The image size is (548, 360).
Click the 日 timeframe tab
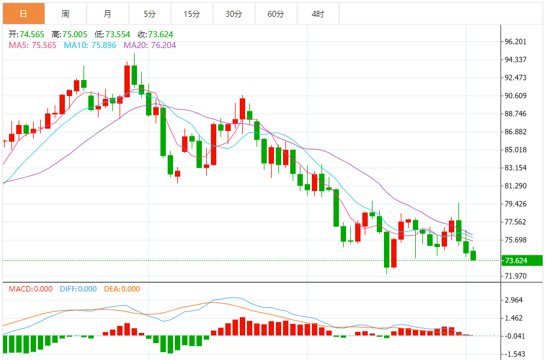tap(23, 13)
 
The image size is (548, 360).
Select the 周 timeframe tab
tap(65, 13)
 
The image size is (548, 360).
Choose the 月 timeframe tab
tap(107, 13)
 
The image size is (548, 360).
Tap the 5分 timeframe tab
tap(150, 13)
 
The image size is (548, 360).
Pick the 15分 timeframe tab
tap(192, 13)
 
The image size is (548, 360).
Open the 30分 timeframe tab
tap(234, 13)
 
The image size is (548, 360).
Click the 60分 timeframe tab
tap(276, 13)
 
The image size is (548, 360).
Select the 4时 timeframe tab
tap(318, 13)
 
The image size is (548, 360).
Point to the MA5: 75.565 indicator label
tap(33, 44)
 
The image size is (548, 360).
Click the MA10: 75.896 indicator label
tap(90, 44)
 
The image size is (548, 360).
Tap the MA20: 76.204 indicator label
tap(150, 44)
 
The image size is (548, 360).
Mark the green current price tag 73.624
tap(522, 260)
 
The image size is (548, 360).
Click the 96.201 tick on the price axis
tap(516, 41)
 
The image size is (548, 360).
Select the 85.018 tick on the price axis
tap(516, 150)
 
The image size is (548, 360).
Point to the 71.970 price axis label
tap(516, 276)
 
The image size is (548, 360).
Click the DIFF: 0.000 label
tap(78, 289)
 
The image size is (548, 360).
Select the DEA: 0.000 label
tap(123, 289)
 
